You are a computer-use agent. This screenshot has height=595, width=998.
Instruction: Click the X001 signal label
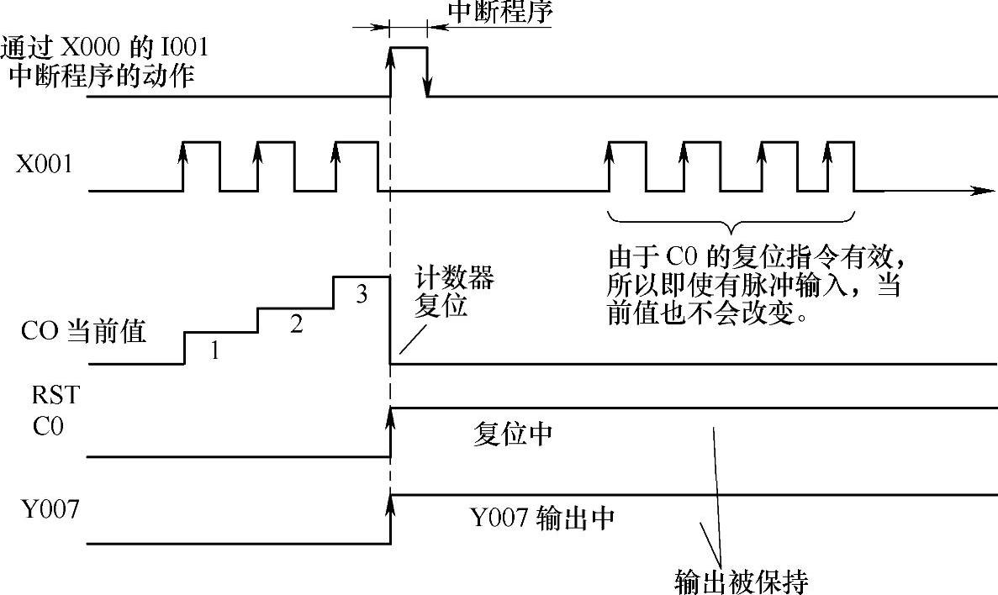pos(44,165)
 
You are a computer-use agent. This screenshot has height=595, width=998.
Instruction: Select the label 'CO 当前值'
pos(83,332)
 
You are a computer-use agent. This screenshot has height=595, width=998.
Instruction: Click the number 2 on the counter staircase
pos(295,325)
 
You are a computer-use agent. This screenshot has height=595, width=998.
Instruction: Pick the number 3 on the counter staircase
pos(362,294)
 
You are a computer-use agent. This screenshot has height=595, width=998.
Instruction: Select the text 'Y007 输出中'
pos(541,516)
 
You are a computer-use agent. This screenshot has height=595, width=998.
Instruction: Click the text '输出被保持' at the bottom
pos(741,580)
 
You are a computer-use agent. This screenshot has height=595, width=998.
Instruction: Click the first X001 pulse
pos(201,166)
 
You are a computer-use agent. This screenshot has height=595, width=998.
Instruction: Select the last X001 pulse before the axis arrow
pos(841,166)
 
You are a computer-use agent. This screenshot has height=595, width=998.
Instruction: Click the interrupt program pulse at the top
pos(409,71)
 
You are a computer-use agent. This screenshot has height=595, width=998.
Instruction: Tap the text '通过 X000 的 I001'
pos(105,47)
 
